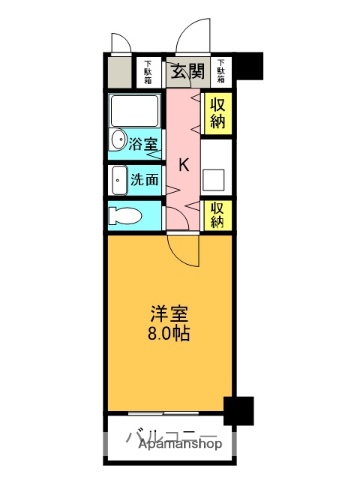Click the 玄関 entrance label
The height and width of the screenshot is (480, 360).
[x=182, y=71]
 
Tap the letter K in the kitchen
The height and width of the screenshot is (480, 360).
[x=182, y=165]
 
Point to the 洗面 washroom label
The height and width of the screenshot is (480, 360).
[x=144, y=180]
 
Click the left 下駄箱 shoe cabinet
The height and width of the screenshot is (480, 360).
[x=148, y=71]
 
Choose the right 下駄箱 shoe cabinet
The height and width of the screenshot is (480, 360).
[x=219, y=71]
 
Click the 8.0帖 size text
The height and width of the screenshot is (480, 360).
[x=165, y=334]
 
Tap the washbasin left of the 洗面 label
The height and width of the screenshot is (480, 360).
[x=117, y=180]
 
